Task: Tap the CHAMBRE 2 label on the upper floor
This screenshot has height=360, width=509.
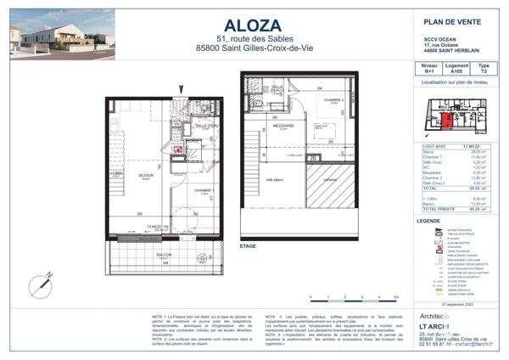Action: pyautogui.click(x=332, y=99)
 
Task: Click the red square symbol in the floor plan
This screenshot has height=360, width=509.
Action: pyautogui.click(x=179, y=149)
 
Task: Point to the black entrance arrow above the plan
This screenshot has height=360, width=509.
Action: pyautogui.click(x=178, y=90)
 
